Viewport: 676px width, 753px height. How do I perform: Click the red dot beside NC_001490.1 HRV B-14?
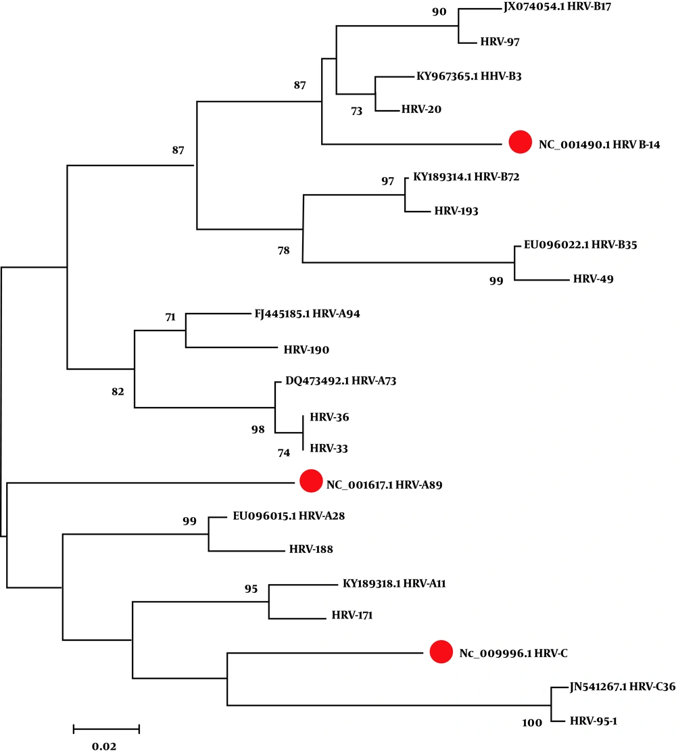tap(521, 142)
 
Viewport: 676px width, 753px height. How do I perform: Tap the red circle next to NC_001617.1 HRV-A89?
tap(311, 481)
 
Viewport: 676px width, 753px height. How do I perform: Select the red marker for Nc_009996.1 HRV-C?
tap(441, 652)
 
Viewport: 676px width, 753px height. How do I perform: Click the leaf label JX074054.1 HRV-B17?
tap(558, 7)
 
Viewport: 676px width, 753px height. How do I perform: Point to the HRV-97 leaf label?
tap(500, 42)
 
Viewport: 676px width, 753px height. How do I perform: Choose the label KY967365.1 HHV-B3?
tap(468, 76)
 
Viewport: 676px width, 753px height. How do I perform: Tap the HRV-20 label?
tap(421, 110)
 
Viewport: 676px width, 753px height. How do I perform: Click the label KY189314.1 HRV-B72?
tap(466, 176)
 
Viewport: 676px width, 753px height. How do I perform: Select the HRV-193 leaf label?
tap(456, 211)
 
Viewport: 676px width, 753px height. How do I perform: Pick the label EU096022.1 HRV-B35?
tap(581, 245)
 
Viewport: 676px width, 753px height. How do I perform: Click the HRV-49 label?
tap(593, 279)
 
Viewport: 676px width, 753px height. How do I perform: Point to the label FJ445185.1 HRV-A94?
tap(308, 314)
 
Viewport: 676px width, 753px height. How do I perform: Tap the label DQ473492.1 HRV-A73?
tap(341, 381)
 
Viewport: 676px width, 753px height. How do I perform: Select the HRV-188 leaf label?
tap(311, 549)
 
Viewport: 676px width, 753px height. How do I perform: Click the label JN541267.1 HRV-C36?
tap(622, 687)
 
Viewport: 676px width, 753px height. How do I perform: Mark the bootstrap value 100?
tap(532, 723)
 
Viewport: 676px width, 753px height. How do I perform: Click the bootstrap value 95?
tap(251, 589)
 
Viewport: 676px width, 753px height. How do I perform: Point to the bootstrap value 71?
tap(170, 317)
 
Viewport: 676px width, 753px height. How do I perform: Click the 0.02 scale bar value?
tap(104, 746)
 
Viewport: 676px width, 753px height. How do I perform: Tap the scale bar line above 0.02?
tap(106, 729)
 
